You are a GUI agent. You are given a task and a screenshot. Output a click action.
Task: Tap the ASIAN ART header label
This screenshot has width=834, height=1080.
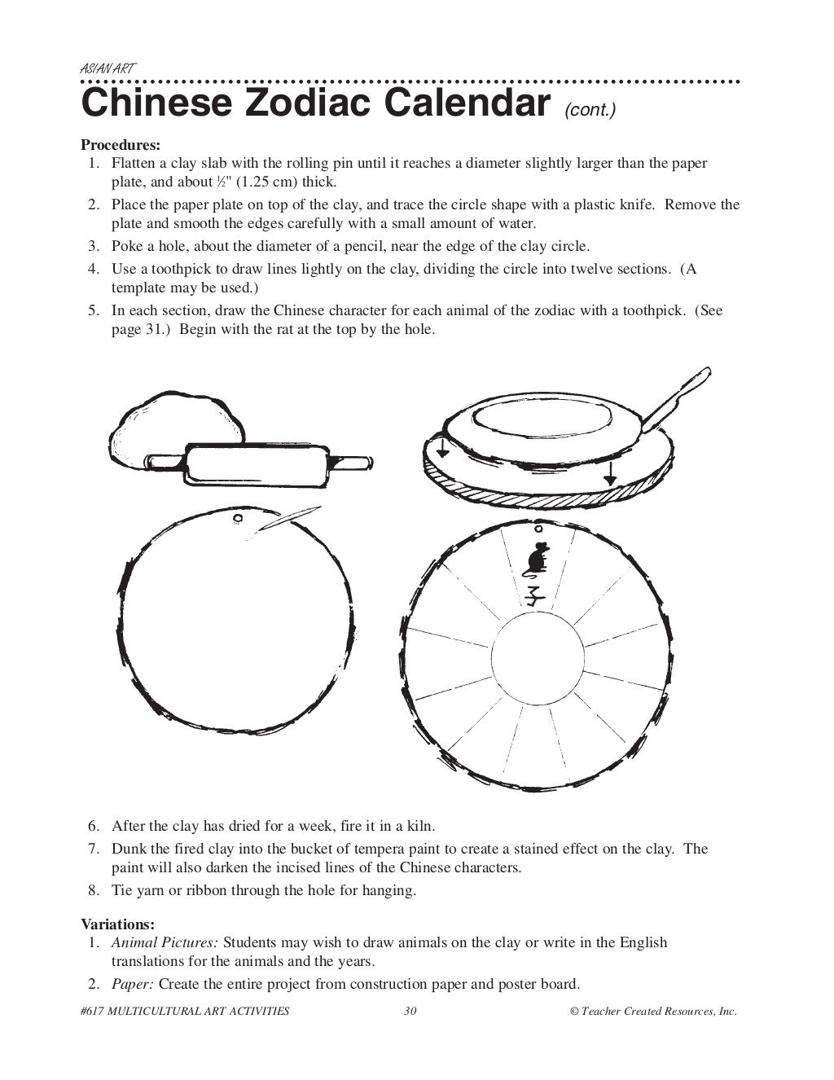coord(108,69)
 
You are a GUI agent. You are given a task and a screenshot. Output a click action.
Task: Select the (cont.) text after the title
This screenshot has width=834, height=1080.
coord(590,110)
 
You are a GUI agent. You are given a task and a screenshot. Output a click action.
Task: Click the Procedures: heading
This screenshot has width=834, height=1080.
coord(121,145)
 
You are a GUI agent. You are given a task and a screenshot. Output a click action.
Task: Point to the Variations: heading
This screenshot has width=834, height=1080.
coord(117,924)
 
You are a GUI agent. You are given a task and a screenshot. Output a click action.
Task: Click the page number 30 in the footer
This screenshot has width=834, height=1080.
coord(410,1011)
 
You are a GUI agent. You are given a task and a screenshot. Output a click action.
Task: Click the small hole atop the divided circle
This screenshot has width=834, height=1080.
coord(538,528)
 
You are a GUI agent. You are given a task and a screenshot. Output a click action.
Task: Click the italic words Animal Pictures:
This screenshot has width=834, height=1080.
coord(165,942)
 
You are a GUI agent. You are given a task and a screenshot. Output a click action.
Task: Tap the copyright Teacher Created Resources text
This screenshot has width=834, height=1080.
coord(653,1011)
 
